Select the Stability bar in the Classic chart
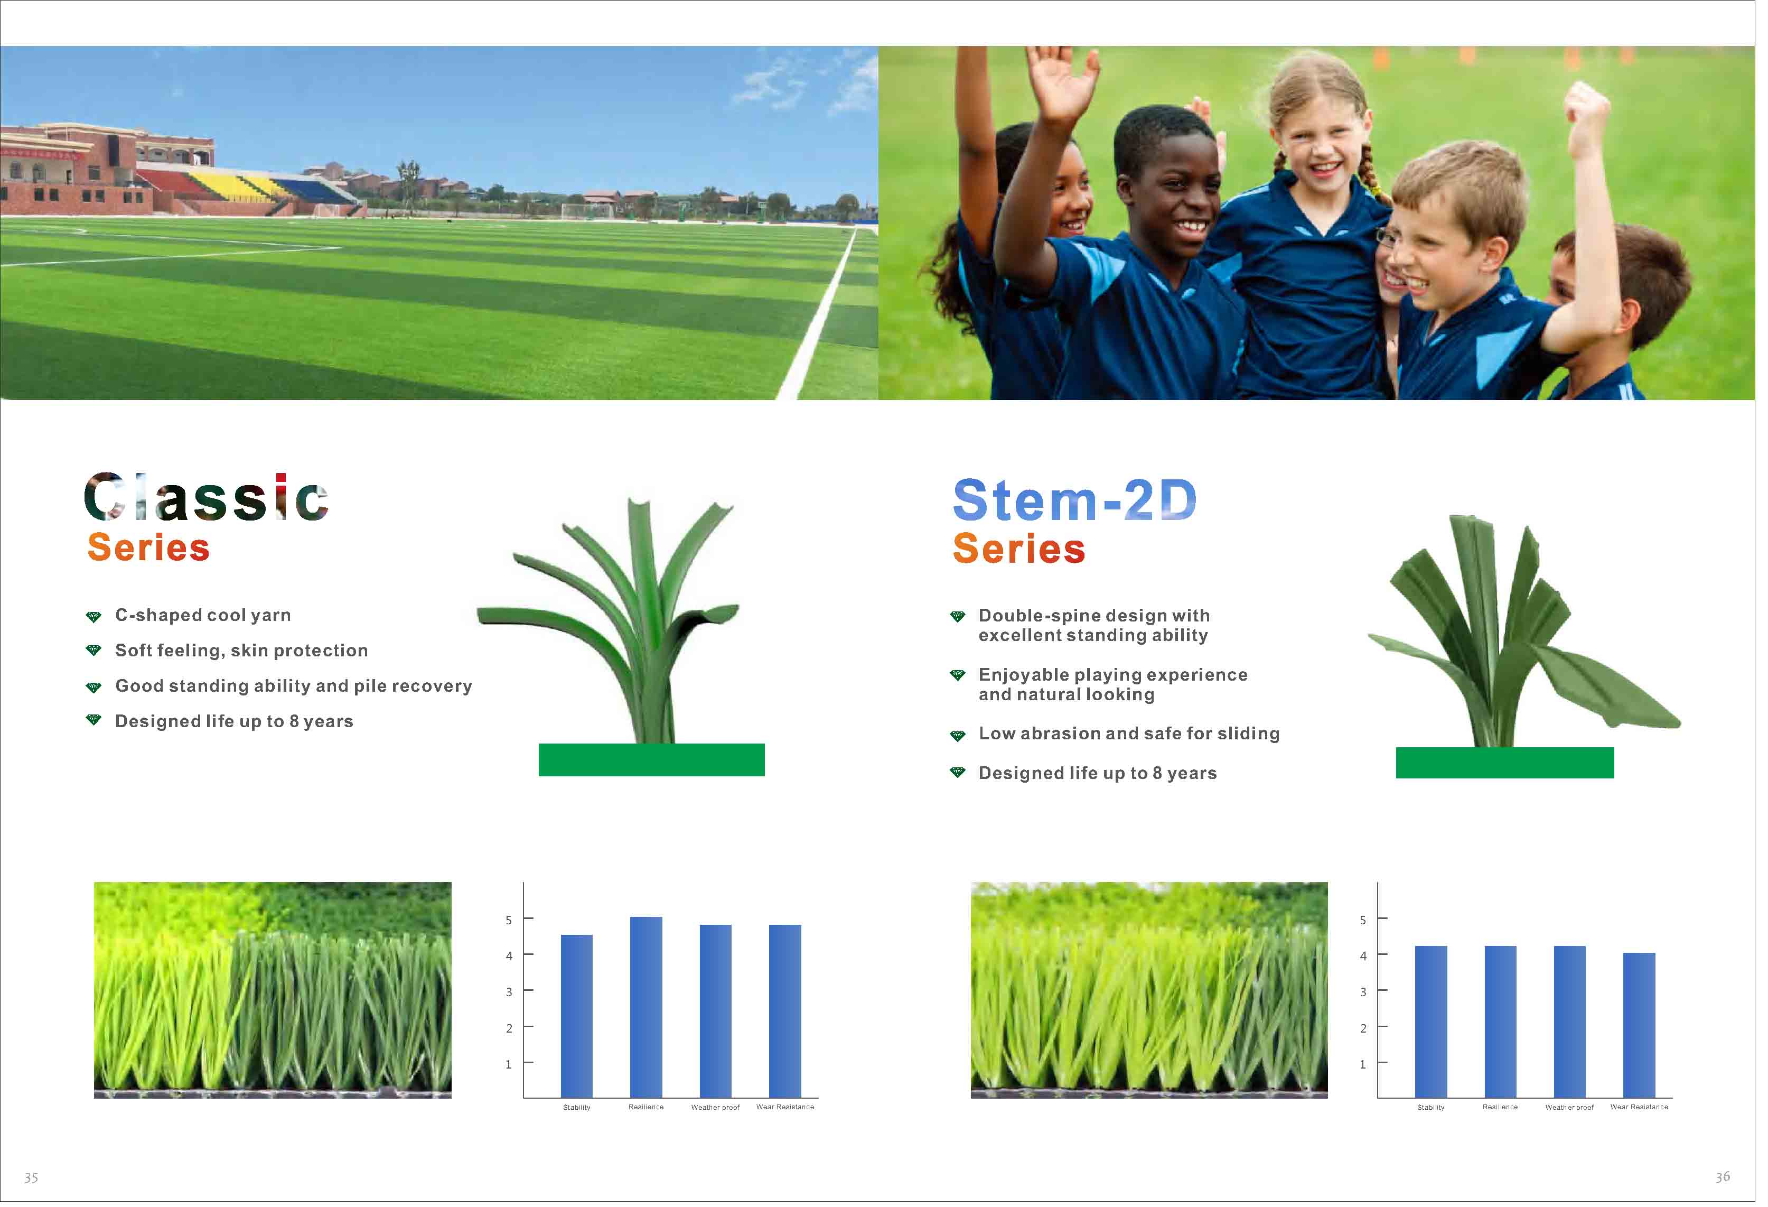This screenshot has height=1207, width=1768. click(x=577, y=1016)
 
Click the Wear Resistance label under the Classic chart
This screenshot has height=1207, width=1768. click(x=785, y=1107)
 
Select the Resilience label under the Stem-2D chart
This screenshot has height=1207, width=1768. click(x=1500, y=1107)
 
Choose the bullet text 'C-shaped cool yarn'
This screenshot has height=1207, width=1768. click(x=203, y=615)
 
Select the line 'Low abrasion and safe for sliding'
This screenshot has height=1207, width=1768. click(x=1129, y=733)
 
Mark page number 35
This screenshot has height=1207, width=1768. click(x=31, y=1177)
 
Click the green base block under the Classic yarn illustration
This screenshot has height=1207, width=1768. click(x=651, y=759)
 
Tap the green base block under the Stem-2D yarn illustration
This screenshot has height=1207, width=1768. click(x=1505, y=763)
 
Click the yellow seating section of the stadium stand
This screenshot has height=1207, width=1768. click(x=237, y=187)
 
